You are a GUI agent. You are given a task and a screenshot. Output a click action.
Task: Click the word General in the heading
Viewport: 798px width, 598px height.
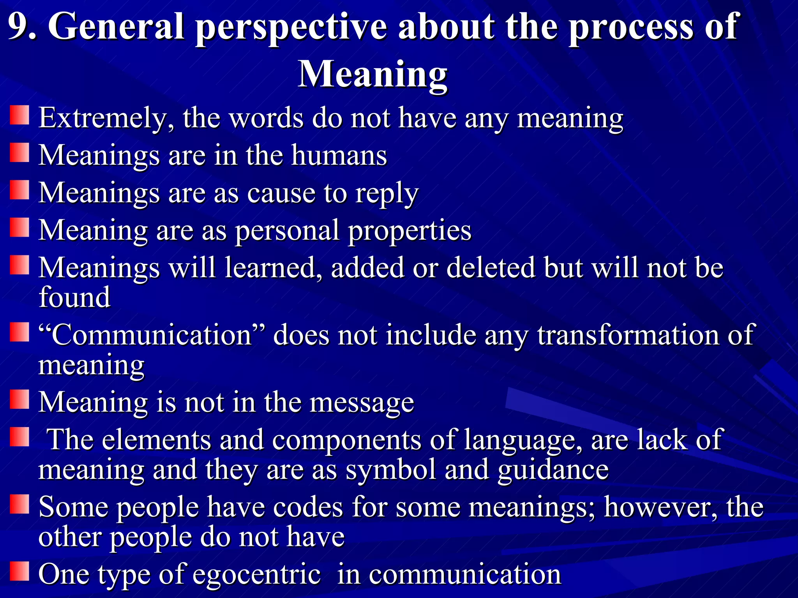tap(116, 26)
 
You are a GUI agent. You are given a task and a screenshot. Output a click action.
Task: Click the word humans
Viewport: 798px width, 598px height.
tap(339, 155)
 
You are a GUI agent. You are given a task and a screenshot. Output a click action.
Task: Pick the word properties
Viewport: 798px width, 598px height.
tap(410, 231)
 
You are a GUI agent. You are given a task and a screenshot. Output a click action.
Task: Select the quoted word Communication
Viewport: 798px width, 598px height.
tap(152, 335)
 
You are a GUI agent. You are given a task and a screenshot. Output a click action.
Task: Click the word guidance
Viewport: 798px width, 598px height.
tap(553, 470)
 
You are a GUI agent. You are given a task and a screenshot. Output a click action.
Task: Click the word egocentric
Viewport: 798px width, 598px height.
tap(257, 574)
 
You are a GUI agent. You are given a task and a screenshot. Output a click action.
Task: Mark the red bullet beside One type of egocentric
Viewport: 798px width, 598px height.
tap(19, 571)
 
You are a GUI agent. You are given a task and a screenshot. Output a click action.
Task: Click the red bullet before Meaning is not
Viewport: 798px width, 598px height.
tap(19, 399)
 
